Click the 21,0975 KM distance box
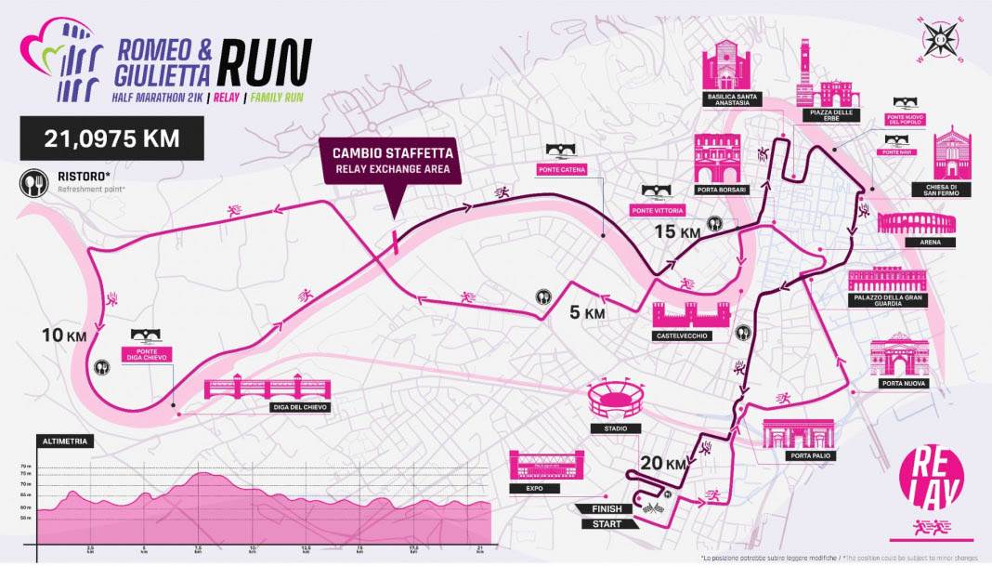pyautogui.click(x=111, y=138)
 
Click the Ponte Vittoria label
pyautogui.click(x=657, y=210)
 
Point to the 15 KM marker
pyautogui.click(x=676, y=230)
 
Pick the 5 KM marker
pyautogui.click(x=587, y=314)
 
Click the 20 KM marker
pyautogui.click(x=663, y=463)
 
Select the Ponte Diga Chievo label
pyautogui.click(x=144, y=353)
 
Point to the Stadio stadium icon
pyautogui.click(x=615, y=401)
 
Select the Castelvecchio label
pyautogui.click(x=687, y=336)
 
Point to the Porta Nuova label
pyautogui.click(x=898, y=383)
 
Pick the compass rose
pyautogui.click(x=946, y=39)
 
